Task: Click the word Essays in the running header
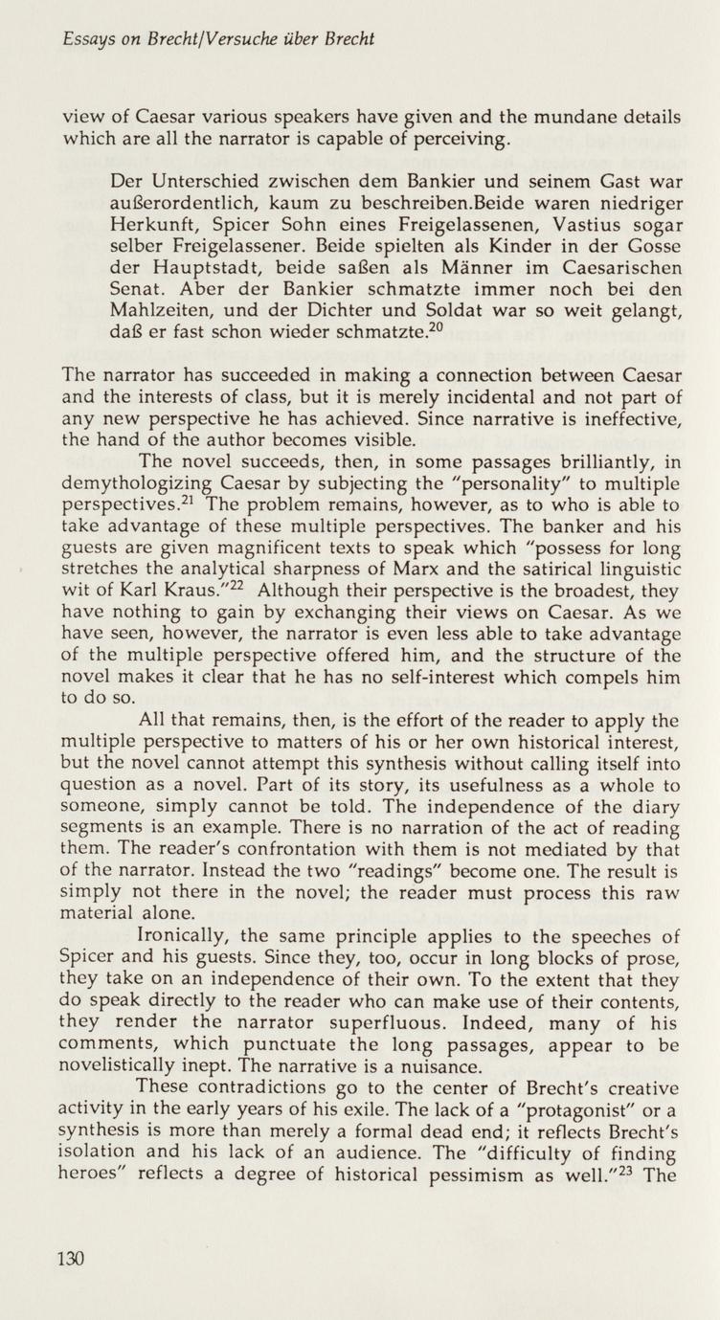tap(85, 39)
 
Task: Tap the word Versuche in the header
tap(264, 39)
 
